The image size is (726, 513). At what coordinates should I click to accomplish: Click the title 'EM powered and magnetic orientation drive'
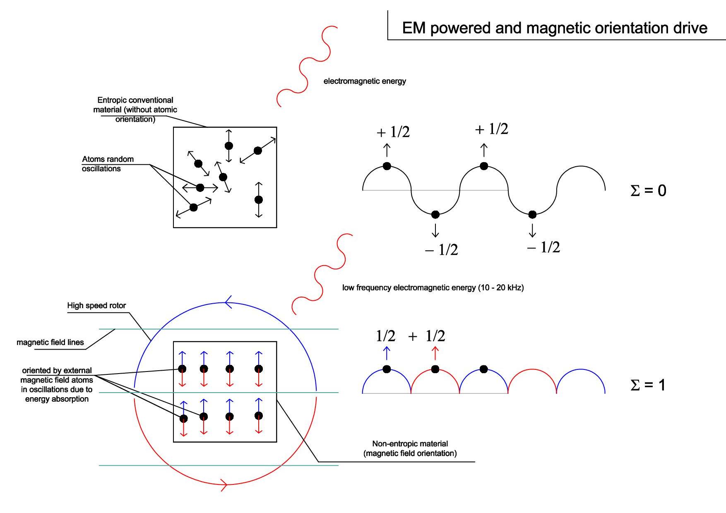[555, 28]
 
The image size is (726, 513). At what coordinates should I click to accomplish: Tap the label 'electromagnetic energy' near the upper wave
[365, 81]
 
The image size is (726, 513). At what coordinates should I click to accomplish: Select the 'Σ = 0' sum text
[648, 190]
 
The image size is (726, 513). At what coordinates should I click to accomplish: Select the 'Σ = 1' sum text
[648, 385]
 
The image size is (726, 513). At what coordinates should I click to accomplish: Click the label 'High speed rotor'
[96, 305]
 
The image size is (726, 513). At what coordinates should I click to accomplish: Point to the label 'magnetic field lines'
[50, 342]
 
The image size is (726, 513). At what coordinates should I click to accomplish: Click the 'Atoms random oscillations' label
[108, 164]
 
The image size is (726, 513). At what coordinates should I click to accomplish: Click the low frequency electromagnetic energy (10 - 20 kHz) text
[433, 288]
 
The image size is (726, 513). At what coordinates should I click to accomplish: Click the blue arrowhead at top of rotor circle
[228, 303]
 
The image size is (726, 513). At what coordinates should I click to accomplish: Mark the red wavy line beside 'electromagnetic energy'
[307, 66]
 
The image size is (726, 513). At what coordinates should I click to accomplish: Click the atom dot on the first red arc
[435, 369]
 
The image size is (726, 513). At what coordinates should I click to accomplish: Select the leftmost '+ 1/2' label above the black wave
[393, 132]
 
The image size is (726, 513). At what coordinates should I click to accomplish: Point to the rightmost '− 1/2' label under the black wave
[543, 247]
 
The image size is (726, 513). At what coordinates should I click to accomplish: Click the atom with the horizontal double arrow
[200, 188]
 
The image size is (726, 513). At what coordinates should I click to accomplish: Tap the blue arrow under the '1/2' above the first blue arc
[387, 353]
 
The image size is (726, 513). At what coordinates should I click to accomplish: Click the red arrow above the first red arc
[435, 353]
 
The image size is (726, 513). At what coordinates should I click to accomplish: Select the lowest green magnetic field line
[219, 465]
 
